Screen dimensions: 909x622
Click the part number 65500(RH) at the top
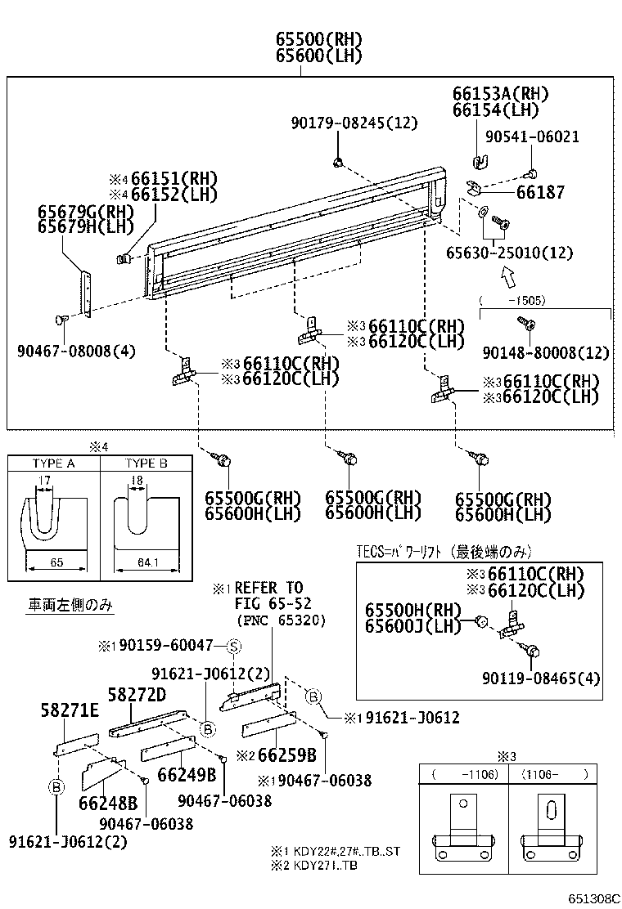pyautogui.click(x=306, y=40)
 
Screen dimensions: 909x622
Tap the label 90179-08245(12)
pyautogui.click(x=354, y=123)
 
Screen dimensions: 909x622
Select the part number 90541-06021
pyautogui.click(x=532, y=137)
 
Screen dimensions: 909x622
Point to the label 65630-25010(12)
pyautogui.click(x=509, y=253)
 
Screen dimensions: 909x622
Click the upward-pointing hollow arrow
pyautogui.click(x=508, y=278)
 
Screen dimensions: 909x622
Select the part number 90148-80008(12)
pyautogui.click(x=547, y=352)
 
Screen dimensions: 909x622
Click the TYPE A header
pyautogui.click(x=54, y=463)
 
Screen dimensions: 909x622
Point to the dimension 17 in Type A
pyautogui.click(x=45, y=480)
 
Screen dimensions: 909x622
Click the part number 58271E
pyautogui.click(x=70, y=711)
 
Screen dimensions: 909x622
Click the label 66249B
pyautogui.click(x=187, y=774)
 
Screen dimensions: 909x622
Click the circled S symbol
pyautogui.click(x=232, y=646)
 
